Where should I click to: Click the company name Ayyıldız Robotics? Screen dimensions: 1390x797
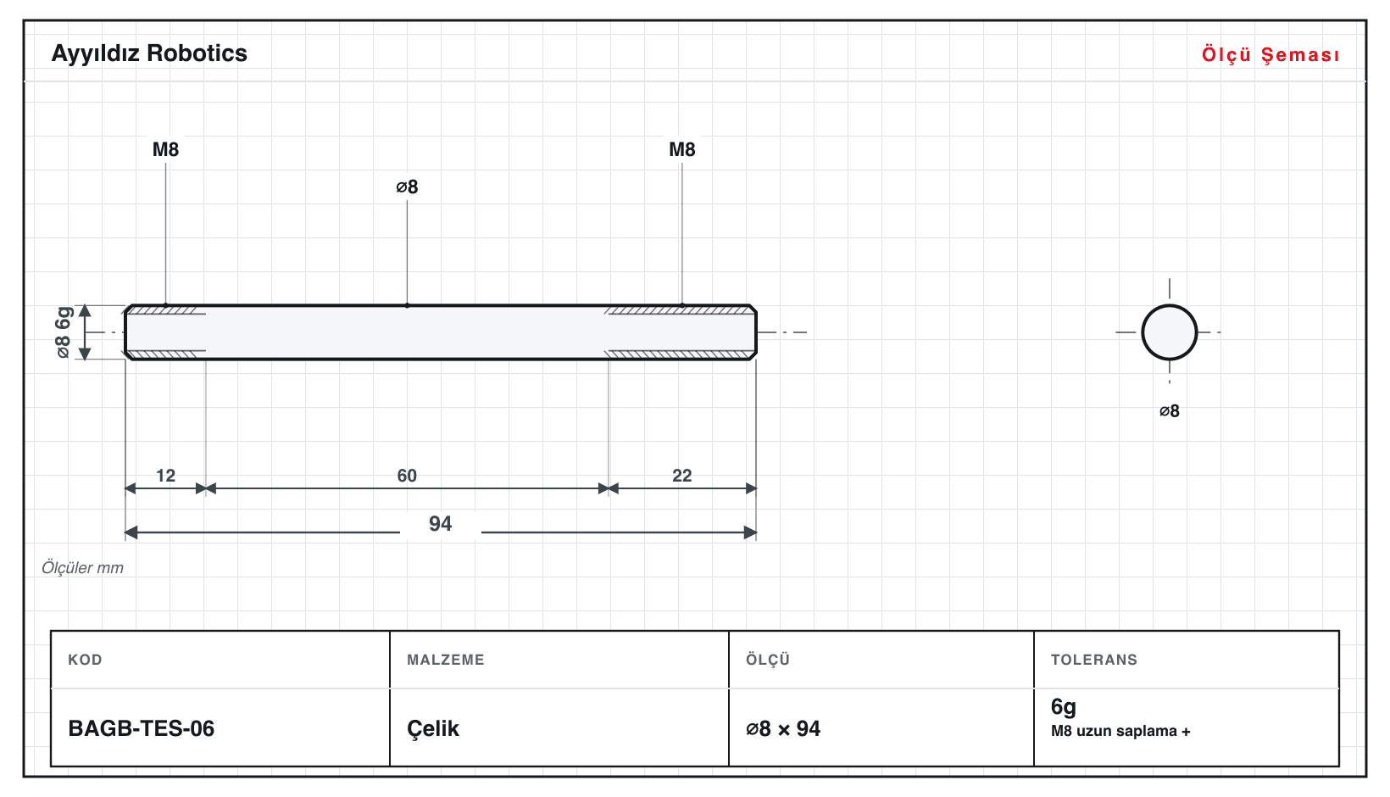[149, 54]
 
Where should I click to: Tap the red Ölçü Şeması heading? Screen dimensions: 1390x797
[1270, 54]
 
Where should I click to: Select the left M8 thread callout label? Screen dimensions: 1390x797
[165, 149]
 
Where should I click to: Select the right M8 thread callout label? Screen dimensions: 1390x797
[682, 149]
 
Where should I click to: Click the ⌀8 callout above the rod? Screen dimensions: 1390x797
[407, 187]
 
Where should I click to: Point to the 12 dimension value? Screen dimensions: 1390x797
[165, 476]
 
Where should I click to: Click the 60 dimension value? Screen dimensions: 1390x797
[407, 476]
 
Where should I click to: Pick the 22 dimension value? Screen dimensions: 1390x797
[682, 476]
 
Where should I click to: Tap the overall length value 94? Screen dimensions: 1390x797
[441, 524]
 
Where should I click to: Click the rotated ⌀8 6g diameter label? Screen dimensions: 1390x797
[64, 332]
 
